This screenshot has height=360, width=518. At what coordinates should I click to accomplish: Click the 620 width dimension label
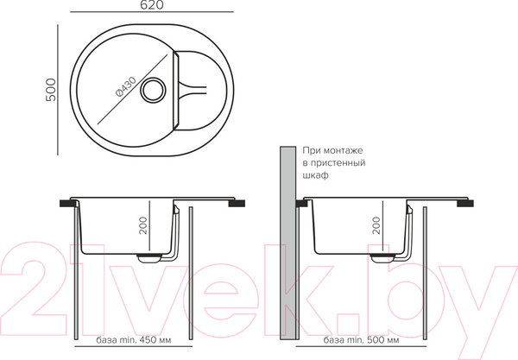(152, 4)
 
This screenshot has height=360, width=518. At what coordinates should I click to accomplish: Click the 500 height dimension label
(51, 90)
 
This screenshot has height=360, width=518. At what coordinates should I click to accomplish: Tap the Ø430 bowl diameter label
(126, 87)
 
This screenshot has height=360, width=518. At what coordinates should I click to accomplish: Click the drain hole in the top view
(153, 90)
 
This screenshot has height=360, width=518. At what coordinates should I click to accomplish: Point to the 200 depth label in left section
(143, 225)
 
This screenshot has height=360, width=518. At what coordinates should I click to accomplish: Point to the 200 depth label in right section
(376, 225)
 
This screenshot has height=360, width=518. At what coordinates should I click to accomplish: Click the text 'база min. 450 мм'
(134, 339)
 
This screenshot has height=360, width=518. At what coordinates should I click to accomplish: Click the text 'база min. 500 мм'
(361, 339)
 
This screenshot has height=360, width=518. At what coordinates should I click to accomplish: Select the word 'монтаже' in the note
(343, 150)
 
